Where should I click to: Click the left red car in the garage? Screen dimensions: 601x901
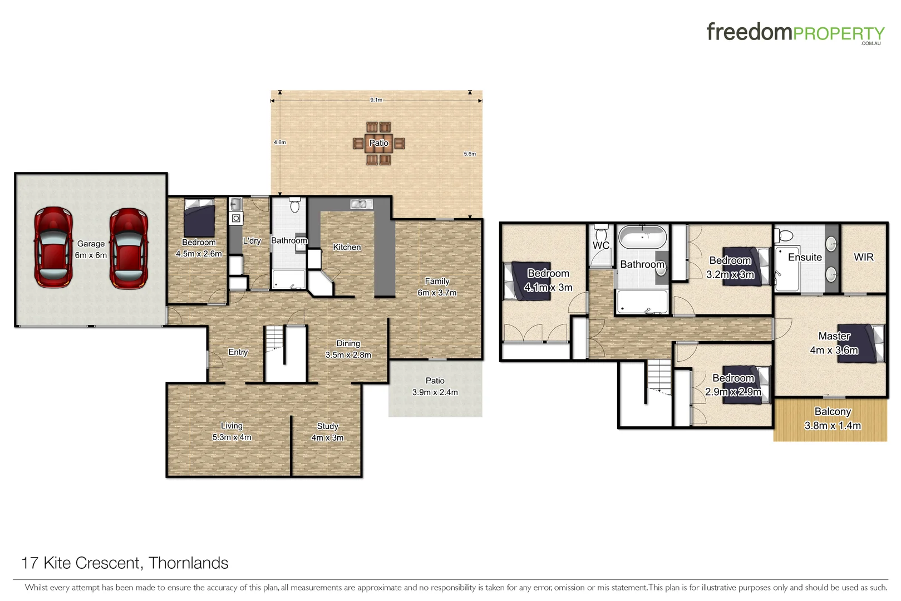(53, 248)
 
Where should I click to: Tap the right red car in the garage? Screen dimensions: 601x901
(129, 249)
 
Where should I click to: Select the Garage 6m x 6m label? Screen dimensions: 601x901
(91, 249)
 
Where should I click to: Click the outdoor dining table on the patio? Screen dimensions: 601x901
(378, 143)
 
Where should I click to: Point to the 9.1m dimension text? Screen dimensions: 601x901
(376, 100)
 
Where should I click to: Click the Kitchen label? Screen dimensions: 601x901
(347, 247)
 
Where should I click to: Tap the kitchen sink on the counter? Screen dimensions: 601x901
(361, 204)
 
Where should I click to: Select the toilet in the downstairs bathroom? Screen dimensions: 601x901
(295, 205)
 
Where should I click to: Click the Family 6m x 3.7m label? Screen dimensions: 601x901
(437, 287)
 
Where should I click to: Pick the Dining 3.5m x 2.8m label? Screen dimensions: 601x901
(348, 349)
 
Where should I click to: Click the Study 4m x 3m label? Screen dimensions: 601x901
(327, 432)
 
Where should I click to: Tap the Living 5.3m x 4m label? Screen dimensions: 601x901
(232, 431)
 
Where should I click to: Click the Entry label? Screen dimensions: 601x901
(238, 352)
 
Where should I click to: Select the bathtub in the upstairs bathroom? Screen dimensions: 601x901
(643, 238)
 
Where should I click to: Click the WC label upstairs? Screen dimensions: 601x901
(600, 245)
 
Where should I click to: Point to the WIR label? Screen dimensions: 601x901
(863, 257)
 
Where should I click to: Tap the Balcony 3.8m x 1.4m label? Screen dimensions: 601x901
(833, 418)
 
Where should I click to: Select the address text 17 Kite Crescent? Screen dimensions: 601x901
(125, 563)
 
